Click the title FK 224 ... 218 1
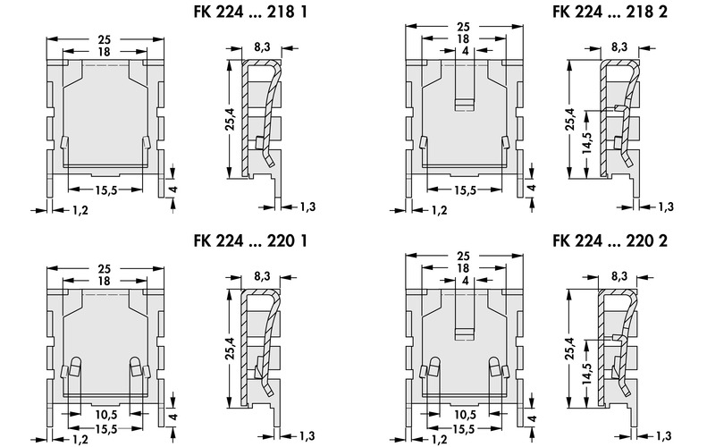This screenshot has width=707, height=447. point(253,14)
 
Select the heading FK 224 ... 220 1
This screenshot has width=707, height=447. point(253,241)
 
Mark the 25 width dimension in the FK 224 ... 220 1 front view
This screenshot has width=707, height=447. point(105,268)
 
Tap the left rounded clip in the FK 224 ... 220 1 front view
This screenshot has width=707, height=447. point(73,367)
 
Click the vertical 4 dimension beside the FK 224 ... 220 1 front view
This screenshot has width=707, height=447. point(172,417)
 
